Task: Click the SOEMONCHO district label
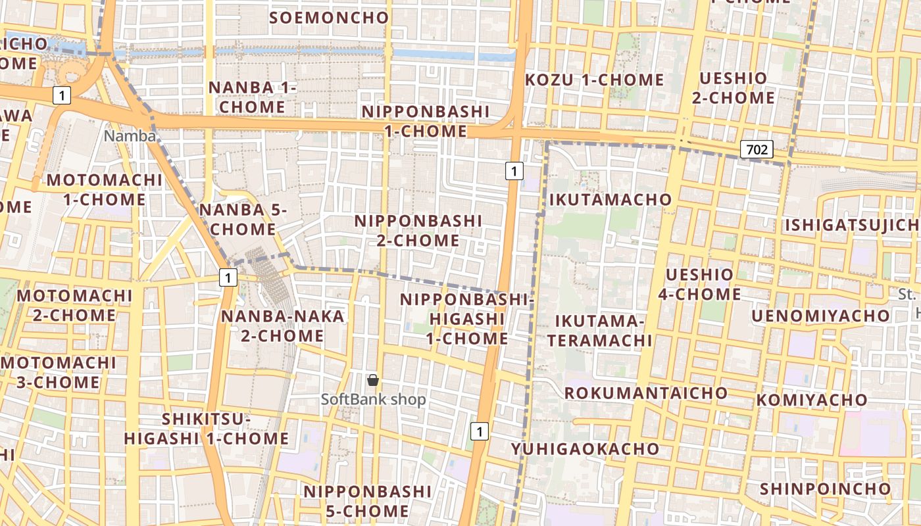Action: (329, 18)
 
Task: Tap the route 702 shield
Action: (757, 149)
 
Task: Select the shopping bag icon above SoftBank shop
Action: (373, 380)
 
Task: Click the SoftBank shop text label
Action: (373, 399)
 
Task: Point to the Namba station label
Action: (130, 136)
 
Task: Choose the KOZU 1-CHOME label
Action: (595, 80)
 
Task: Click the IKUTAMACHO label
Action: (610, 199)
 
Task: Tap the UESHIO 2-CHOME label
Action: (733, 88)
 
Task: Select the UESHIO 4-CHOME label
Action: (699, 284)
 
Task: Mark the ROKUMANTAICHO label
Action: (646, 393)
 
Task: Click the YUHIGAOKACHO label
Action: (585, 449)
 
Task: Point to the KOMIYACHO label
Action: (812, 400)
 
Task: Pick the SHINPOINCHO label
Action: (825, 489)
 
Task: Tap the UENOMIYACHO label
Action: (820, 316)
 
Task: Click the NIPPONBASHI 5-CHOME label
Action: (367, 501)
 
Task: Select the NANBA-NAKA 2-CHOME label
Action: (282, 326)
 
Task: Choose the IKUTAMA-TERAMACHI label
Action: (599, 331)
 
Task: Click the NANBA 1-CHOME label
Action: (253, 97)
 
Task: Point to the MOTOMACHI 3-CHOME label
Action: (59, 372)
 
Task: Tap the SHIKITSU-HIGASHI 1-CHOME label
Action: (207, 429)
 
